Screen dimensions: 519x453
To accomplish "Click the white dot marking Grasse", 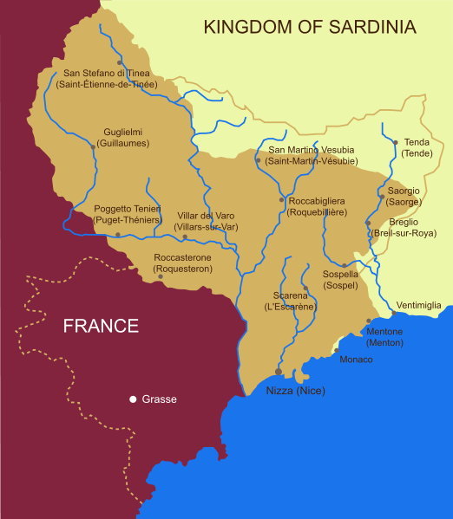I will (x=133, y=399).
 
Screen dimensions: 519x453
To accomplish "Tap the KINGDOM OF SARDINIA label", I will (x=310, y=27).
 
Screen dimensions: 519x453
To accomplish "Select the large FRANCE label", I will (x=101, y=326).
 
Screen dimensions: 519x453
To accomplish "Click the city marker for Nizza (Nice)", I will (x=279, y=372).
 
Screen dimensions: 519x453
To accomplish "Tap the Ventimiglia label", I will (x=419, y=305).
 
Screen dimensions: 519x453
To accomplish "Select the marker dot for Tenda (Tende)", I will (x=395, y=142).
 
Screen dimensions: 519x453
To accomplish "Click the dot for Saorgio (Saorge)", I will (x=382, y=197).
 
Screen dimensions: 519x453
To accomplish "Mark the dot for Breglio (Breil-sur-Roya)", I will (x=368, y=223).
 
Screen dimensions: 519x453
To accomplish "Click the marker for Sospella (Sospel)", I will (x=345, y=265).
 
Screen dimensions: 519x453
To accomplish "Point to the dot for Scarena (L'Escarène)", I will (x=305, y=288).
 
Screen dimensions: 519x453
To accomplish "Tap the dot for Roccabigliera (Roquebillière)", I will (x=281, y=200).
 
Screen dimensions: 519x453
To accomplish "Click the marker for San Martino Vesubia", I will (x=258, y=160).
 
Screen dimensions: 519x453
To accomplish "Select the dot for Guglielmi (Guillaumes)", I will (x=93, y=146).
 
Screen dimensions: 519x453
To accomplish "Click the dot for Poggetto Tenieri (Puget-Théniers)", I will (x=118, y=235).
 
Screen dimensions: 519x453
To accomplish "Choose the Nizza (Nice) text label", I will (x=295, y=391).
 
